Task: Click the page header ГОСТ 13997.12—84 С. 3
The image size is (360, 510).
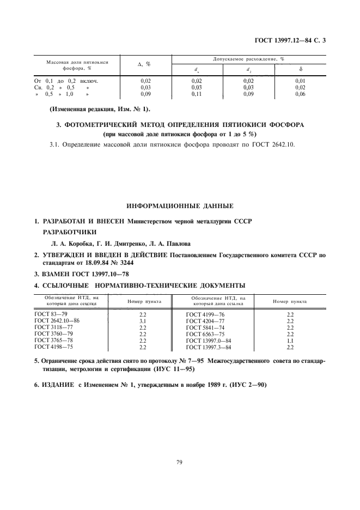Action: pyautogui.click(x=293, y=41)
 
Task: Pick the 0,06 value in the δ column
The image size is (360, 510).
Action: pyautogui.click(x=300, y=94)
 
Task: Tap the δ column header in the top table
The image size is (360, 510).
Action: pyautogui.click(x=301, y=70)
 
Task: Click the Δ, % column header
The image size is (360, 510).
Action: pyautogui.click(x=144, y=64)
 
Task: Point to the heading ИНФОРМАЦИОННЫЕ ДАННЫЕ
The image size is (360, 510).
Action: pyautogui.click(x=180, y=206)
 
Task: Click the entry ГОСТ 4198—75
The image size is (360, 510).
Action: pyautogui.click(x=53, y=347)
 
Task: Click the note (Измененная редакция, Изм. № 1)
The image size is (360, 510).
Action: pyautogui.click(x=102, y=109)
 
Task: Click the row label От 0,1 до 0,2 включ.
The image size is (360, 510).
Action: pyautogui.click(x=70, y=81)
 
